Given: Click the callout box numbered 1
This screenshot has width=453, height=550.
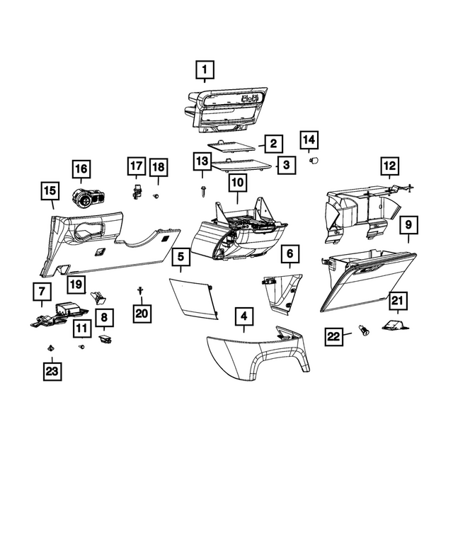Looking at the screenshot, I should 204,70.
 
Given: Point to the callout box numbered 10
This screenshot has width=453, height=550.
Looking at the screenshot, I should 236,183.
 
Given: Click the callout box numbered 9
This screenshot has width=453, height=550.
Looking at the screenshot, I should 408,225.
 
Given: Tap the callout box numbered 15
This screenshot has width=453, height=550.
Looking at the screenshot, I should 50,191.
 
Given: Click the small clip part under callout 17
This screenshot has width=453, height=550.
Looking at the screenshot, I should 136,190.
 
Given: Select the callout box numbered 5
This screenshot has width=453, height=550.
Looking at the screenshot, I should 181,258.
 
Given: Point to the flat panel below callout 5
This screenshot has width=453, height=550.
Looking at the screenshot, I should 193,297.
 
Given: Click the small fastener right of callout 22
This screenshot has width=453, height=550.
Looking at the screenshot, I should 365,330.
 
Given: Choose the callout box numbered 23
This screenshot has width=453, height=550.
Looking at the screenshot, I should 52,370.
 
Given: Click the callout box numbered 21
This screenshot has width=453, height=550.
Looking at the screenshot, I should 397,302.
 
